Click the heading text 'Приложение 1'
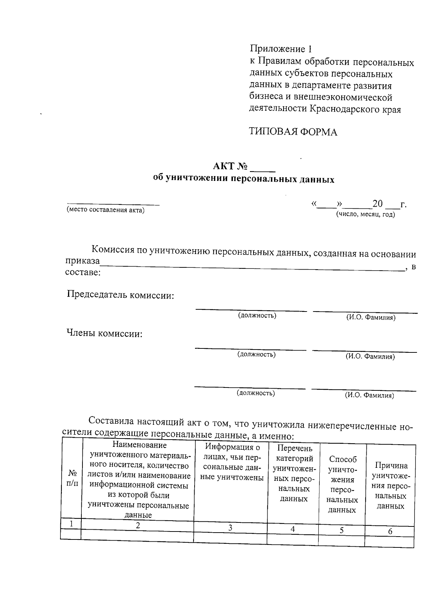[x=280, y=49]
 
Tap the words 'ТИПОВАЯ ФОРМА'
[x=293, y=132]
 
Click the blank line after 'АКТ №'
[x=263, y=168]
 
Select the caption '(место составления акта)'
[x=105, y=210]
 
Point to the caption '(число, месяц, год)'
[x=366, y=214]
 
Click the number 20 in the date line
[x=377, y=204]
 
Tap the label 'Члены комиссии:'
[x=104, y=334]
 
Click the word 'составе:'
[x=83, y=272]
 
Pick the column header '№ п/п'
[x=72, y=478]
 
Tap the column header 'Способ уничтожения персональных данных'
[x=342, y=484]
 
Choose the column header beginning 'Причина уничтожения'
[x=391, y=486]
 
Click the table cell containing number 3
[x=230, y=528]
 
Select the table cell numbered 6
[x=390, y=532]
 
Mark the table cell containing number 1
[x=71, y=524]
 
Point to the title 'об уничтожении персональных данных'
[x=244, y=179]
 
